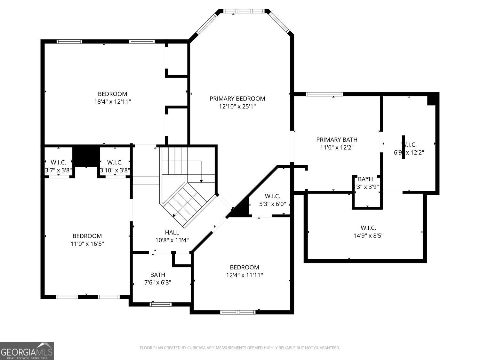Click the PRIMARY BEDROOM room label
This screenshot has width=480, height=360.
click(x=237, y=99)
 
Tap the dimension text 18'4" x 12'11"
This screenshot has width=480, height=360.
click(x=112, y=102)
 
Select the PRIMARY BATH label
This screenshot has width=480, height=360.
click(x=337, y=140)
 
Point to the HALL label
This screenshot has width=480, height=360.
click(x=172, y=232)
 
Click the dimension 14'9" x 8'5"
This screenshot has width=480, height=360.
click(x=368, y=236)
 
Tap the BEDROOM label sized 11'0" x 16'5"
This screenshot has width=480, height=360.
click(x=87, y=236)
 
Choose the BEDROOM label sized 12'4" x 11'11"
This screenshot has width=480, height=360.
click(x=244, y=267)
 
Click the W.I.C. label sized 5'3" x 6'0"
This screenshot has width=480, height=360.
click(x=272, y=196)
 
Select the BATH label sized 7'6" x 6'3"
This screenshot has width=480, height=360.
click(x=158, y=275)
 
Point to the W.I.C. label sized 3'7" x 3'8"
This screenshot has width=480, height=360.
click(x=58, y=163)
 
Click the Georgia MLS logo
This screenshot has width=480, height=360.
click(x=27, y=351)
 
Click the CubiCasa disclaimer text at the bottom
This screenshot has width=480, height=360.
click(x=240, y=348)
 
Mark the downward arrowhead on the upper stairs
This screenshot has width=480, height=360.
click(x=201, y=181)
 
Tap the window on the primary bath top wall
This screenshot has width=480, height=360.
click(x=324, y=94)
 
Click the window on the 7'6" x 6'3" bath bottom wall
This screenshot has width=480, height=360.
click(x=159, y=304)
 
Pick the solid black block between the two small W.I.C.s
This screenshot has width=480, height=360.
click(x=86, y=156)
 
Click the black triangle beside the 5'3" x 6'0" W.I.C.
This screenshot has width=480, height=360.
click(x=241, y=210)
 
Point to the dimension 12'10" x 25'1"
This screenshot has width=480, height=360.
click(x=237, y=107)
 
